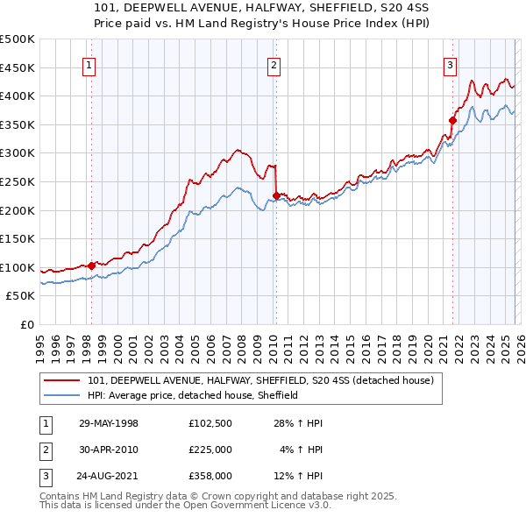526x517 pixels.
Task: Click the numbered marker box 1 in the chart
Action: [x=90, y=64]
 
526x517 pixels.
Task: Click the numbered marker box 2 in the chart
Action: [x=274, y=64]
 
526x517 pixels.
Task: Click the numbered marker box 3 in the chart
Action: [x=450, y=64]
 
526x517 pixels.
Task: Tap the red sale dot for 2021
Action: [x=453, y=120]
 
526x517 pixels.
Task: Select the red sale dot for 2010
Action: [x=276, y=195]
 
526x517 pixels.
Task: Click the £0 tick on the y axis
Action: [x=26, y=325]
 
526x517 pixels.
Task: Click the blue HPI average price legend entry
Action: [x=193, y=395]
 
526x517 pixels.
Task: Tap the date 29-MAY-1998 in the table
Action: [x=109, y=423]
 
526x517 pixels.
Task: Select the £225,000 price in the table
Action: [x=210, y=450]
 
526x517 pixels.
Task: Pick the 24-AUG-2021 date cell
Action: [x=109, y=476]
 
